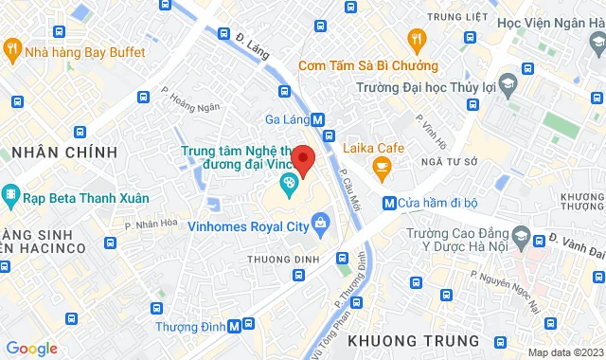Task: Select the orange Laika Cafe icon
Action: click(x=383, y=170)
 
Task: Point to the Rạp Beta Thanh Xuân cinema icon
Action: click(x=10, y=198)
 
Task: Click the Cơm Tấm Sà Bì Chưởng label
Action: click(x=367, y=65)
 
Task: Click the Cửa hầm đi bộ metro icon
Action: click(x=389, y=203)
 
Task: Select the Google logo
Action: click(x=31, y=349)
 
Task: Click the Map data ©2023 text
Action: click(x=564, y=352)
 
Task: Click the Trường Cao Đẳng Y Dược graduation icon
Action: click(x=521, y=233)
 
